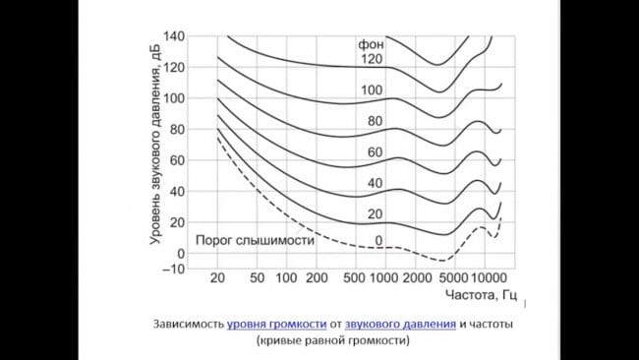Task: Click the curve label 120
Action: (369, 59)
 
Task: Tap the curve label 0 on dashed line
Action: (378, 241)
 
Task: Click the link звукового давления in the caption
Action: (399, 324)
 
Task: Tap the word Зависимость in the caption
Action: (188, 324)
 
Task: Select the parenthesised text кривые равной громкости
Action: (333, 341)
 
